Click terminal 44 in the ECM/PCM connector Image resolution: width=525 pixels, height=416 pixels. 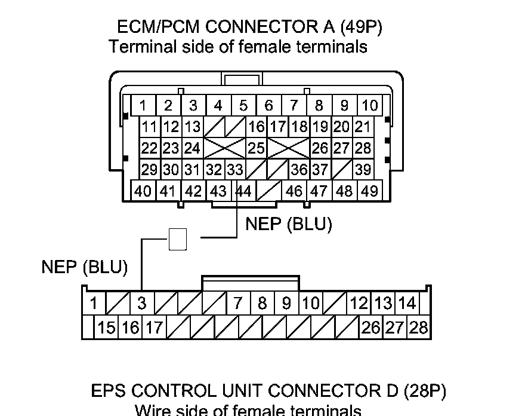pyautogui.click(x=243, y=191)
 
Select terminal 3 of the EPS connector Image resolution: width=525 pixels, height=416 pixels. pyautogui.click(x=141, y=303)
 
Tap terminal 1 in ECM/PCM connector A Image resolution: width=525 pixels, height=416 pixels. pyautogui.click(x=143, y=106)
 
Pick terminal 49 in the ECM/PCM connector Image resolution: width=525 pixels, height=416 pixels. pyautogui.click(x=370, y=191)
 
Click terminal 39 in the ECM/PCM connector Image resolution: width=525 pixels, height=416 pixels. pyautogui.click(x=363, y=170)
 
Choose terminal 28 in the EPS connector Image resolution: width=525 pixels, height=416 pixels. pyautogui.click(x=419, y=328)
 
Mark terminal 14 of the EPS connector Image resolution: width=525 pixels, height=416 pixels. pyautogui.click(x=407, y=303)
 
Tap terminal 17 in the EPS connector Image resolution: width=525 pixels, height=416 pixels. pyautogui.click(x=154, y=328)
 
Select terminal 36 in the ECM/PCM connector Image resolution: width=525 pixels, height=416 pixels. pyautogui.click(x=299, y=170)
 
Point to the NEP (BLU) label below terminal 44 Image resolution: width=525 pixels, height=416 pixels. pyautogui.click(x=289, y=224)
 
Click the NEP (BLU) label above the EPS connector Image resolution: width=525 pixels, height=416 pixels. pyautogui.click(x=85, y=267)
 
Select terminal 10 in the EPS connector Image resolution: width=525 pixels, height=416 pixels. pyautogui.click(x=311, y=303)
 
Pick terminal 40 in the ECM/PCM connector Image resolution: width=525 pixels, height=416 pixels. pyautogui.click(x=143, y=191)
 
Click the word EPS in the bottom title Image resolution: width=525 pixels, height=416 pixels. pyautogui.click(x=109, y=391)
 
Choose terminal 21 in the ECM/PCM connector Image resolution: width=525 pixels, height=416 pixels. pyautogui.click(x=362, y=127)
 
